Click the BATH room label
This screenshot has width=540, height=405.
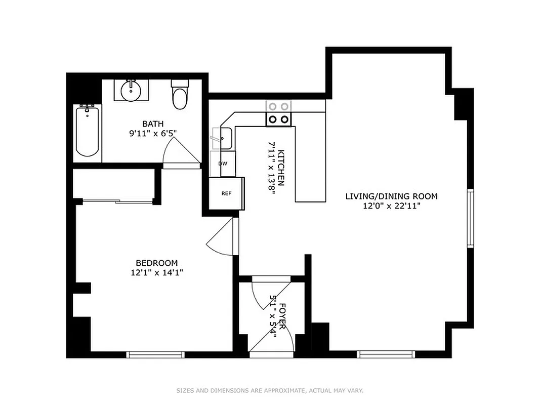152,124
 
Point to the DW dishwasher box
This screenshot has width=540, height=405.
223,164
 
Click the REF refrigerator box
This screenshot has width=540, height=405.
226,193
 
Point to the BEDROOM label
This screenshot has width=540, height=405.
156,263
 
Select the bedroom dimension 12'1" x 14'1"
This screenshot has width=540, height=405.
156,272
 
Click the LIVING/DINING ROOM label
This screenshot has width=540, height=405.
391,196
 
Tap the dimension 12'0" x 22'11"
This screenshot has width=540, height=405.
391,206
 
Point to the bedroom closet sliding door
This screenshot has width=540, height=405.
117,202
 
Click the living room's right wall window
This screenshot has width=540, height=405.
470,218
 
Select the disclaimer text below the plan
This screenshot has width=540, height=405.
270,390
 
